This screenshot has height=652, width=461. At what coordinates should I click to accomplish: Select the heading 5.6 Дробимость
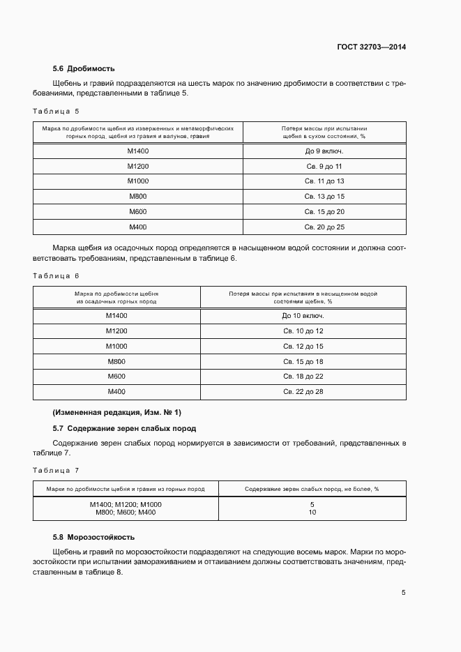pos(84,68)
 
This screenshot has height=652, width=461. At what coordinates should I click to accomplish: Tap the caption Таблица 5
pos(56,111)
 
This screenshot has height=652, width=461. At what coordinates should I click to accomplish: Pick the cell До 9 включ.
pos(324,151)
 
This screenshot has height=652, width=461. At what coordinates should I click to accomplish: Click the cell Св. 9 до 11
pos(324,167)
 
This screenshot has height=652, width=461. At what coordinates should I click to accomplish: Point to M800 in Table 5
pos(138,197)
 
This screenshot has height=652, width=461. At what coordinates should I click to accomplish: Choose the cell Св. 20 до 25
pos(324,227)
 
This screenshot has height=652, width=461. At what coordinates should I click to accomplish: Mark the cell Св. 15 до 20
pos(324,212)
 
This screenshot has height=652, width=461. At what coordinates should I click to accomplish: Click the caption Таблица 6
pos(56,275)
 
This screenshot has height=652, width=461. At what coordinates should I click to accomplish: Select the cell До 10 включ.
pos(303,316)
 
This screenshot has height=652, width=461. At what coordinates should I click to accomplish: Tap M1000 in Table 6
pos(116,347)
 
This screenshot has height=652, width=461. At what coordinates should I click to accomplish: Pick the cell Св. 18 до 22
pos(303,377)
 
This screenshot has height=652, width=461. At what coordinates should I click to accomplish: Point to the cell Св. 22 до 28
pos(303,392)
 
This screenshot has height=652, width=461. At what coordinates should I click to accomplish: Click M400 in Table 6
pos(116,392)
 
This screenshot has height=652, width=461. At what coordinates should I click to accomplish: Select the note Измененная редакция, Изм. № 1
pos(116,412)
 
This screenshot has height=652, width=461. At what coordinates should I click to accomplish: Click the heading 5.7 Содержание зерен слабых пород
pos(124,428)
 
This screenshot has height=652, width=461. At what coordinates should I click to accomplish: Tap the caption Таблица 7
pos(56,471)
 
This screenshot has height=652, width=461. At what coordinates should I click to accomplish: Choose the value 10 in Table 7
pos(312,513)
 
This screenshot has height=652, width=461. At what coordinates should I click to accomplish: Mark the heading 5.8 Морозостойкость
pos(94,538)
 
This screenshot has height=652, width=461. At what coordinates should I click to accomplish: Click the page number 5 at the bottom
pos(403,593)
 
